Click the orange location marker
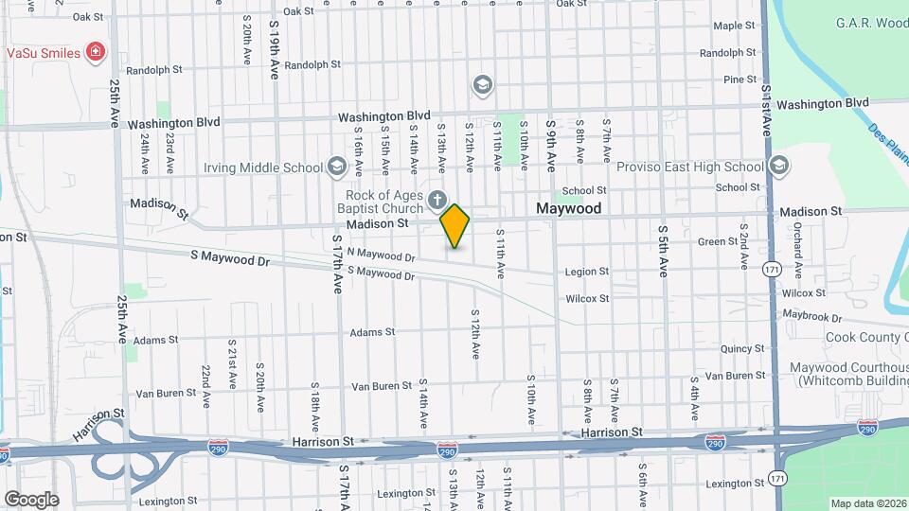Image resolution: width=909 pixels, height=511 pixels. (x=455, y=225)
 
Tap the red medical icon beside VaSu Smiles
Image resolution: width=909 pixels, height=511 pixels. (x=95, y=52)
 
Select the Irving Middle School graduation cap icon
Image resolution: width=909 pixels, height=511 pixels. (x=336, y=167)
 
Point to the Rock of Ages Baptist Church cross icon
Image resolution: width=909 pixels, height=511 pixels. (x=437, y=200)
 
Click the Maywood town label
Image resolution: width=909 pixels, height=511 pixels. (x=568, y=207)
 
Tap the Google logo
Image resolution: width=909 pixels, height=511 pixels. (x=31, y=499)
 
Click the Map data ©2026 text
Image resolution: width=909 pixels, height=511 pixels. (x=868, y=503)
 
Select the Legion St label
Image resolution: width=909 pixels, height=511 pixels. (x=587, y=272)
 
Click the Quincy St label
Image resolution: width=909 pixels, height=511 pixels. (x=741, y=349)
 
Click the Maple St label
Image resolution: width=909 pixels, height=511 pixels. (x=734, y=26)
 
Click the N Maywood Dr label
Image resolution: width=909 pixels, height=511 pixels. (x=381, y=255)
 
